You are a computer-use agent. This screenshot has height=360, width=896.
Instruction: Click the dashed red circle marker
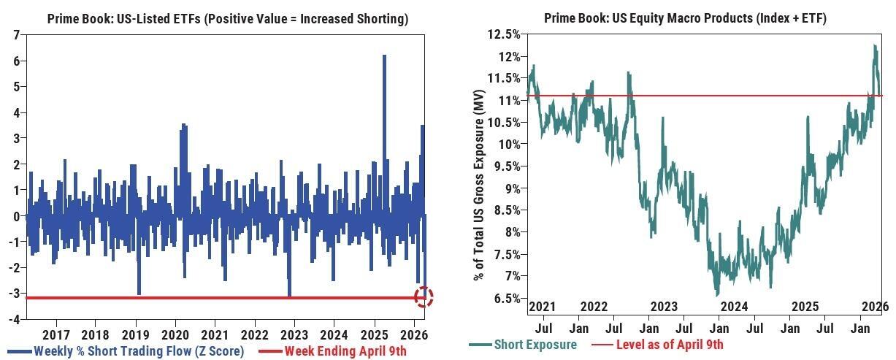424,296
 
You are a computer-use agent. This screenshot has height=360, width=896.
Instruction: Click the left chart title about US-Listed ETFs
227,19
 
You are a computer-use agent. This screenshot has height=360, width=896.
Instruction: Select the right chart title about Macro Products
685,19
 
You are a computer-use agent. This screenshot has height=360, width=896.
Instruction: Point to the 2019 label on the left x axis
135,335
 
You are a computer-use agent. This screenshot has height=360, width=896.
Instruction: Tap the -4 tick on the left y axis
14,319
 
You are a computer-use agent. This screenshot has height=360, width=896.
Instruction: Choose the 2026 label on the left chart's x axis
414,335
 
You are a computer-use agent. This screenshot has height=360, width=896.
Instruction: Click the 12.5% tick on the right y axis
503,34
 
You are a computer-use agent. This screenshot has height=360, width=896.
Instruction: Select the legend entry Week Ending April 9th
345,351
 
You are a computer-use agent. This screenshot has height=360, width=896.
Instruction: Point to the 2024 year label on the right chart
734,307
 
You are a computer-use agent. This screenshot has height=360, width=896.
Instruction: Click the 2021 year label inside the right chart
543,307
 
